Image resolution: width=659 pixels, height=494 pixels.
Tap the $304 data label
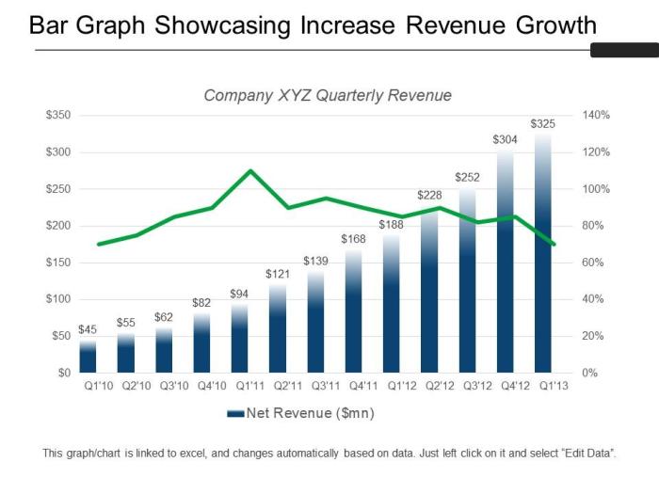pos(505,139)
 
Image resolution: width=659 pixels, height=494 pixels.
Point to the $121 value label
pos(278,274)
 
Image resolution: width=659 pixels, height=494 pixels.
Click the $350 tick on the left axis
pos(58,115)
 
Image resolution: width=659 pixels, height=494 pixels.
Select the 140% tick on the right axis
pos(597,115)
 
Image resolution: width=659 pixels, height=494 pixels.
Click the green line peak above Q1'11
pos(249,171)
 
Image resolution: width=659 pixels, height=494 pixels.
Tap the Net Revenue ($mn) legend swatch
pos(234,412)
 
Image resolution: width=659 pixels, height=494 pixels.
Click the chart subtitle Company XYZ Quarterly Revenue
pos(328,95)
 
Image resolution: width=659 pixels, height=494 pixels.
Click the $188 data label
pos(391,225)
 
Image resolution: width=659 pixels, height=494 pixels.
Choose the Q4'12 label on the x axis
pos(505,386)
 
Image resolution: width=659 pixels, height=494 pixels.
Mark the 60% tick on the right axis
pos(593,263)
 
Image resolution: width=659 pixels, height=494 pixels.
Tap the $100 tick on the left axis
pos(58,299)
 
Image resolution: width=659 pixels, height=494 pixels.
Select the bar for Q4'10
pos(201,343)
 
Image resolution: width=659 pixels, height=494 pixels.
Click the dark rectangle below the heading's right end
pos(622,50)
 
